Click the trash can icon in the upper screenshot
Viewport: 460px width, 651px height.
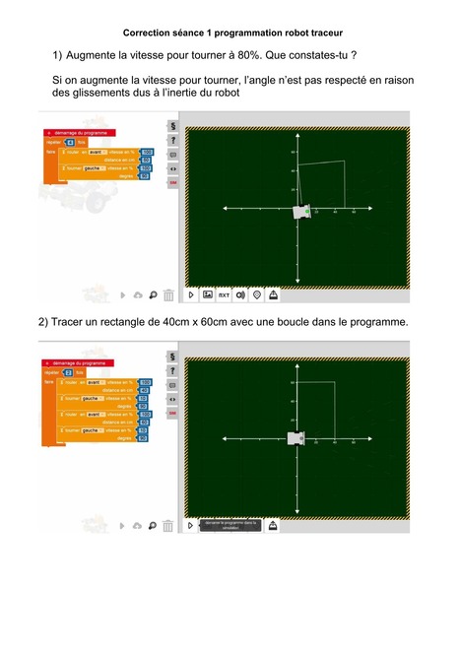(x=168, y=294)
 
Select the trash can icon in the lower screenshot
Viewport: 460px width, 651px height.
(x=168, y=526)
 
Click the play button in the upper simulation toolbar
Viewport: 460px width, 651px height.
(x=192, y=294)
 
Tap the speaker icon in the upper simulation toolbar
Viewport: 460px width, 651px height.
(x=240, y=294)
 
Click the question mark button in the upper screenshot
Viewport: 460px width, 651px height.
(x=172, y=141)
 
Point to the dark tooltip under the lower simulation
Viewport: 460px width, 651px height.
(x=231, y=526)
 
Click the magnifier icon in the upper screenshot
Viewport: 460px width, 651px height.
(x=153, y=294)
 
